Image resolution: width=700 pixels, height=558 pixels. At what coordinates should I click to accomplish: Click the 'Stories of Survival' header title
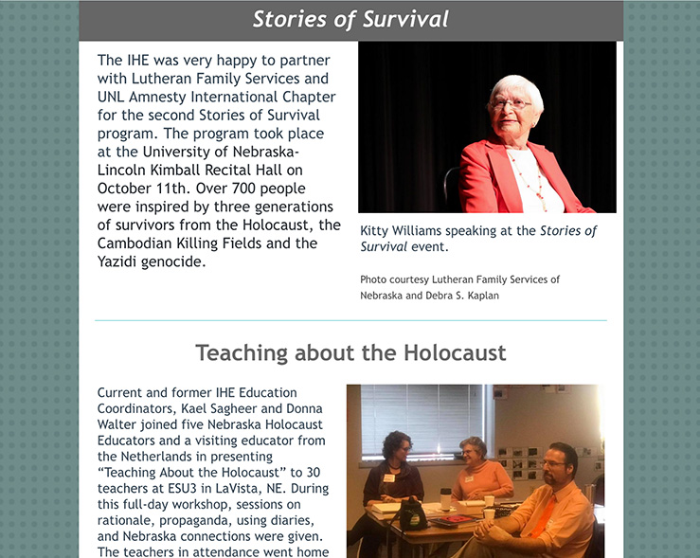click(350, 20)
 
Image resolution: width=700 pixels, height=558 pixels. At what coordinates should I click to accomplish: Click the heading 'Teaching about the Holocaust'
click(350, 353)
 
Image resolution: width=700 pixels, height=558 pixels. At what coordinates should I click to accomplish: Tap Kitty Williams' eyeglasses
click(511, 104)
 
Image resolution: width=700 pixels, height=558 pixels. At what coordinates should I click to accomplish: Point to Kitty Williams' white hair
click(516, 87)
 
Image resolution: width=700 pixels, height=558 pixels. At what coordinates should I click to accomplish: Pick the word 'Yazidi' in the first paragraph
click(120, 261)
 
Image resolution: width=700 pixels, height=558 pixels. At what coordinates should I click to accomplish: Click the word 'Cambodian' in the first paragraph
click(135, 243)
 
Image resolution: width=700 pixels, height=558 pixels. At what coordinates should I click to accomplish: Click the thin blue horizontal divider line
click(350, 321)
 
